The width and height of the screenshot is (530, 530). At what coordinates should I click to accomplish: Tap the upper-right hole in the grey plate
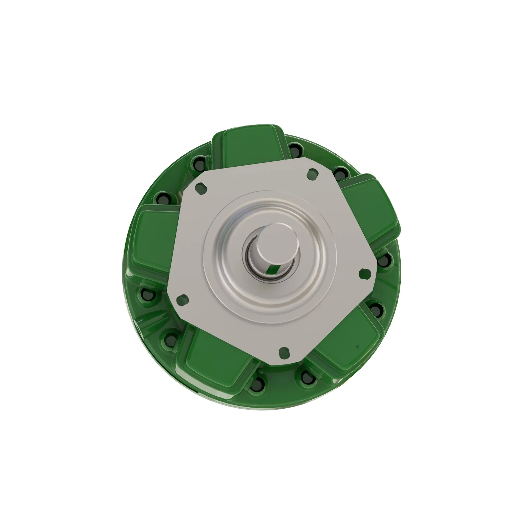click(x=312, y=173)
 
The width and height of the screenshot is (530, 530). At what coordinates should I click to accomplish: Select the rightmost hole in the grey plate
click(x=365, y=273)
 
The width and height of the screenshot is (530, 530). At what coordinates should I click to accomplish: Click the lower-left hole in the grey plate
click(x=182, y=299)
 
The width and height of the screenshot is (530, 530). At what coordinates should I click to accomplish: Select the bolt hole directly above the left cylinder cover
click(x=164, y=198)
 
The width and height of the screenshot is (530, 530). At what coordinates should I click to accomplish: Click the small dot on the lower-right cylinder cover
click(x=357, y=347)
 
